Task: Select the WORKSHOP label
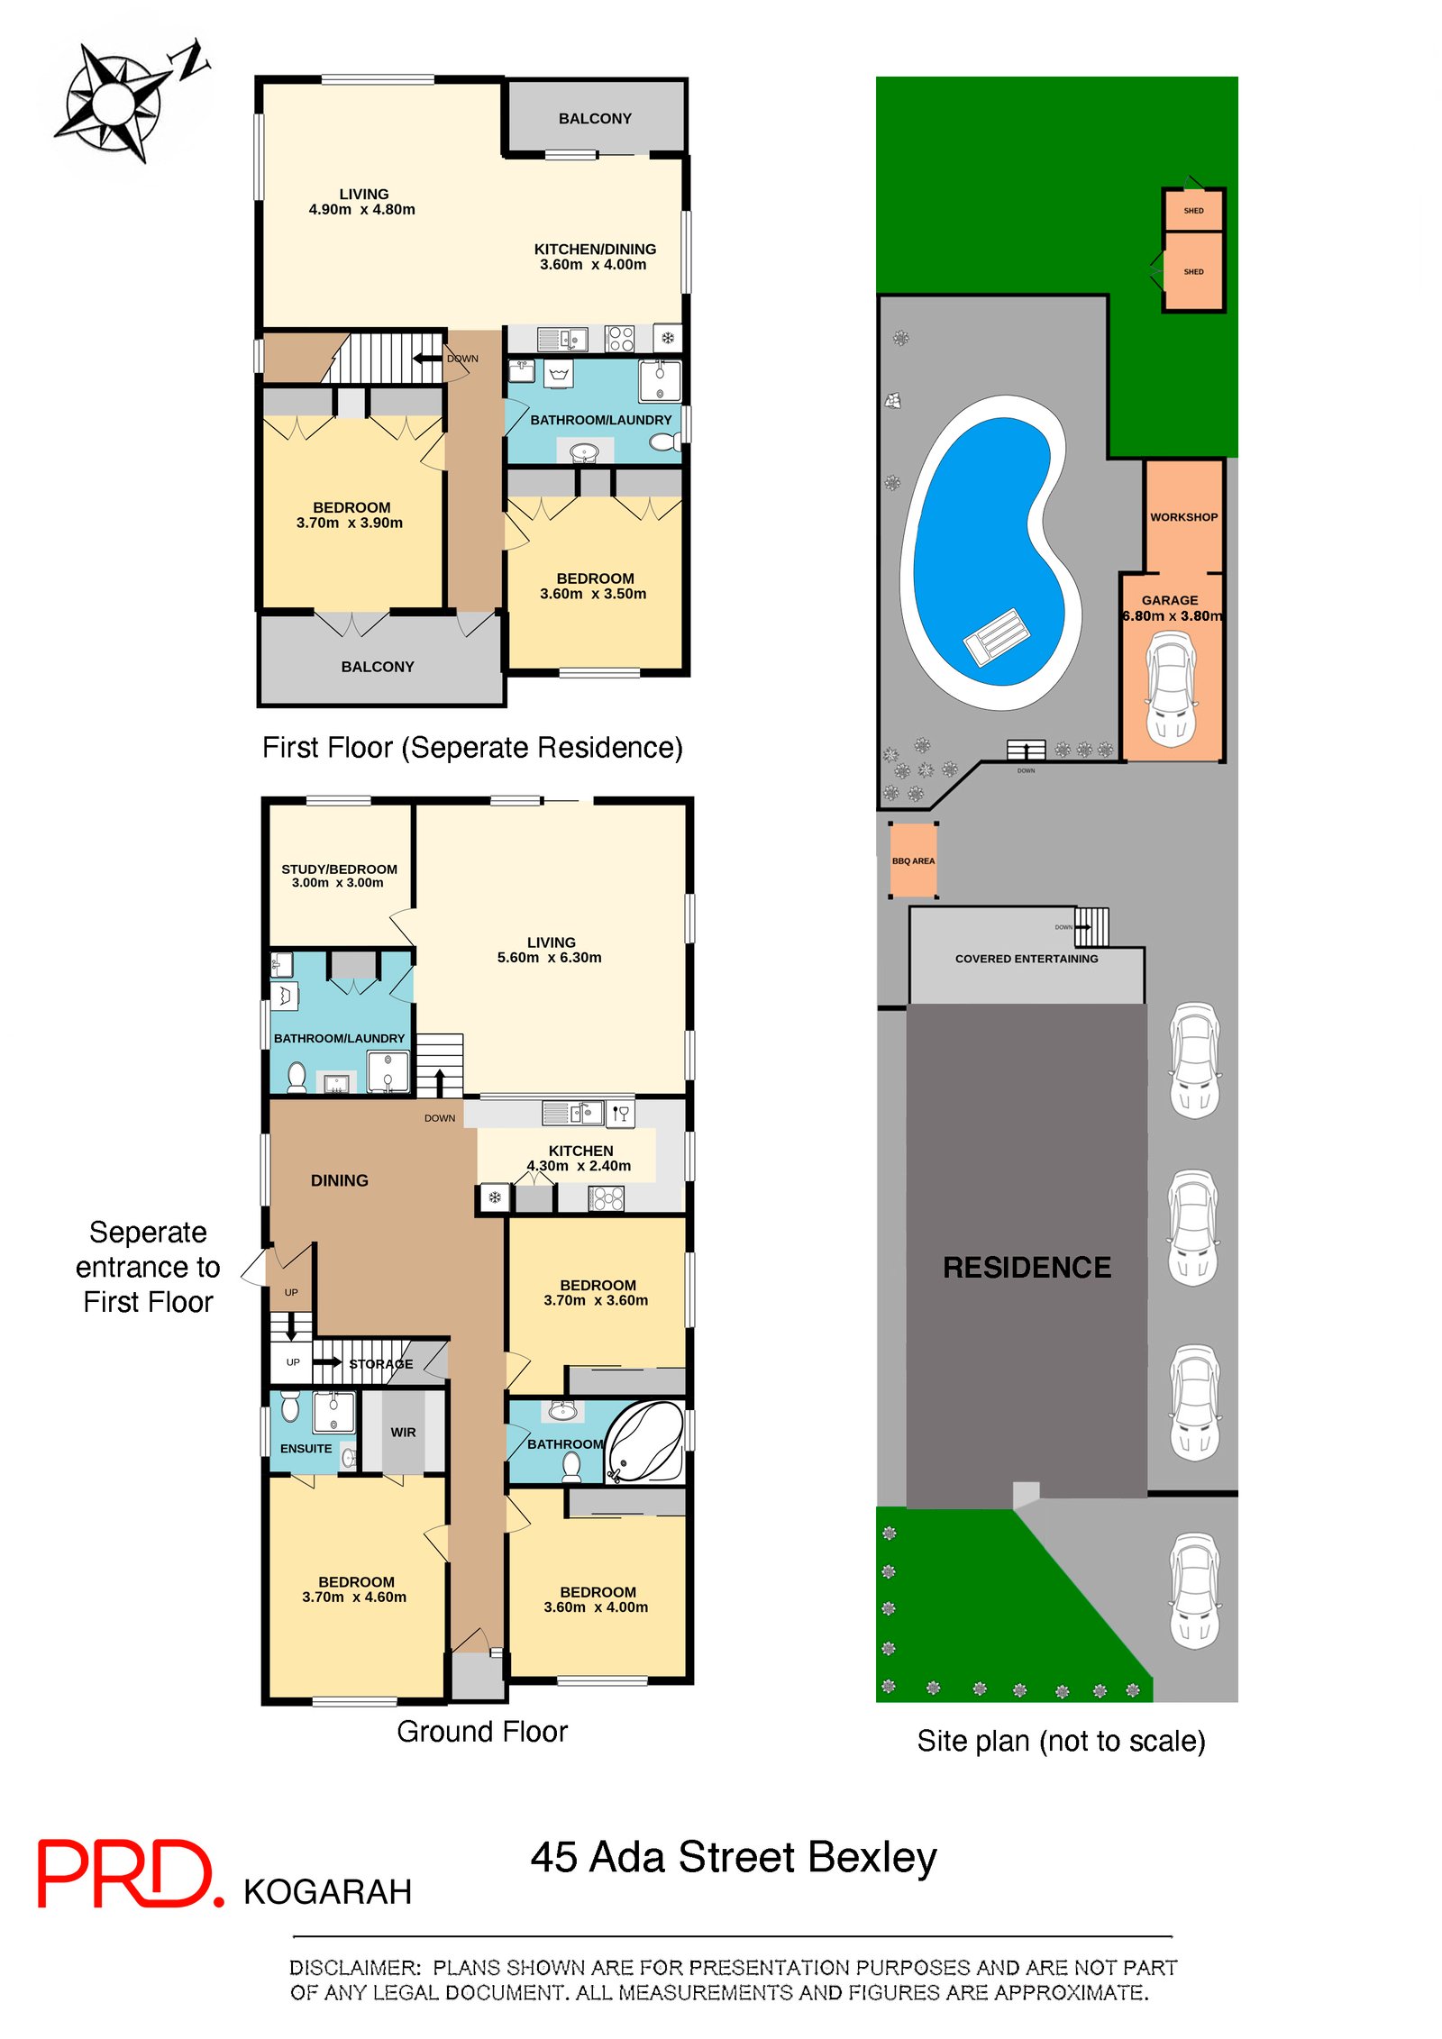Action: click(x=1182, y=517)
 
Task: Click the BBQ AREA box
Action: click(x=913, y=860)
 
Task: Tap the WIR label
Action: click(x=403, y=1432)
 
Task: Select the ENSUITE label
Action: click(x=306, y=1448)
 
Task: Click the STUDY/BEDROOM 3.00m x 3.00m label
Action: click(x=339, y=876)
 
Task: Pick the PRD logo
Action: click(x=128, y=1873)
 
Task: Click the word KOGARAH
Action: click(x=327, y=1891)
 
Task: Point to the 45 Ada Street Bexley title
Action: click(x=733, y=1857)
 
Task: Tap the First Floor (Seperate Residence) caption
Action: click(x=472, y=747)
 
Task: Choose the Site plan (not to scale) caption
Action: click(x=1060, y=1741)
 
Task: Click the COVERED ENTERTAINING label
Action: click(x=1026, y=959)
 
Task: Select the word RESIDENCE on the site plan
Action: click(x=1026, y=1267)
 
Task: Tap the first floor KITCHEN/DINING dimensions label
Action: click(x=594, y=257)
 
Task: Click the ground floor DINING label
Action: click(x=339, y=1180)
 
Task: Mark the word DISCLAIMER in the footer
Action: click(x=354, y=1968)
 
